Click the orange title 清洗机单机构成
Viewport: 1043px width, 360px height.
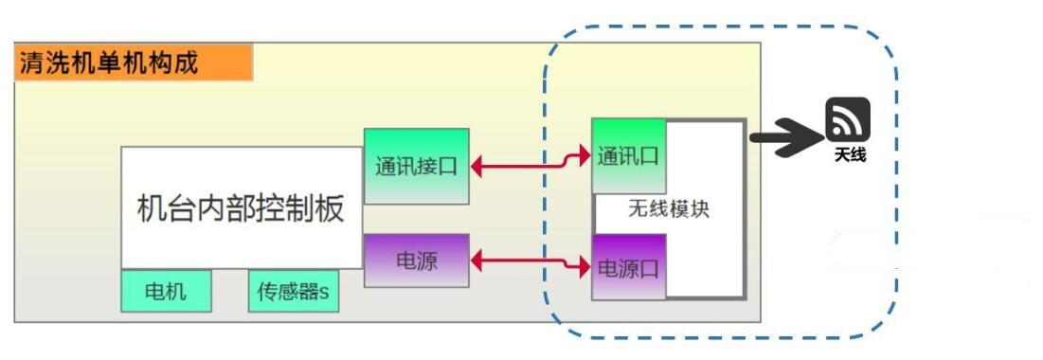pos(133,63)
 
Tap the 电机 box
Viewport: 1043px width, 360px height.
pos(166,292)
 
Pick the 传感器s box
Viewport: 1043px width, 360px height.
pos(293,292)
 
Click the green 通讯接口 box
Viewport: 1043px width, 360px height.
pos(416,166)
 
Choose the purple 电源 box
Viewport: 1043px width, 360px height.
pos(416,260)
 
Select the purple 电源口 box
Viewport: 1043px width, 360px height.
pos(628,266)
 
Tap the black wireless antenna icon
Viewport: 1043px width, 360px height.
pos(847,120)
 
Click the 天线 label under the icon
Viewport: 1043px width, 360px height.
pos(850,154)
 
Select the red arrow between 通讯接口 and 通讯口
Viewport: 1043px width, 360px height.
pos(530,167)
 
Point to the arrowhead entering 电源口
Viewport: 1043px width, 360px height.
pos(584,267)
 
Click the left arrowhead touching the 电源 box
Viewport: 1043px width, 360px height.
pos(479,258)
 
